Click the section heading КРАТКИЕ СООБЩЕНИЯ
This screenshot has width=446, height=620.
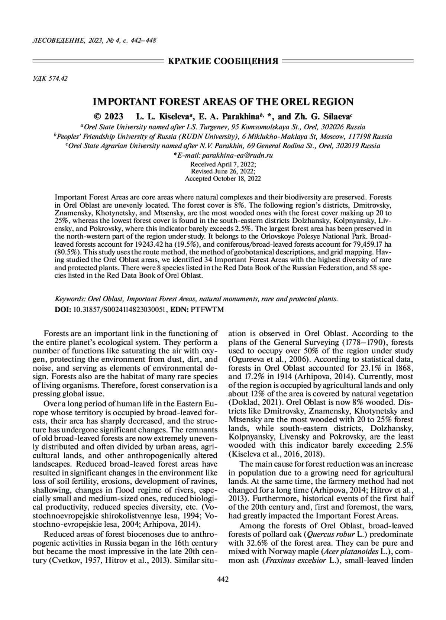[223, 61]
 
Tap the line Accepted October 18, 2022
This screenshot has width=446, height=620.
[223, 178]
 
